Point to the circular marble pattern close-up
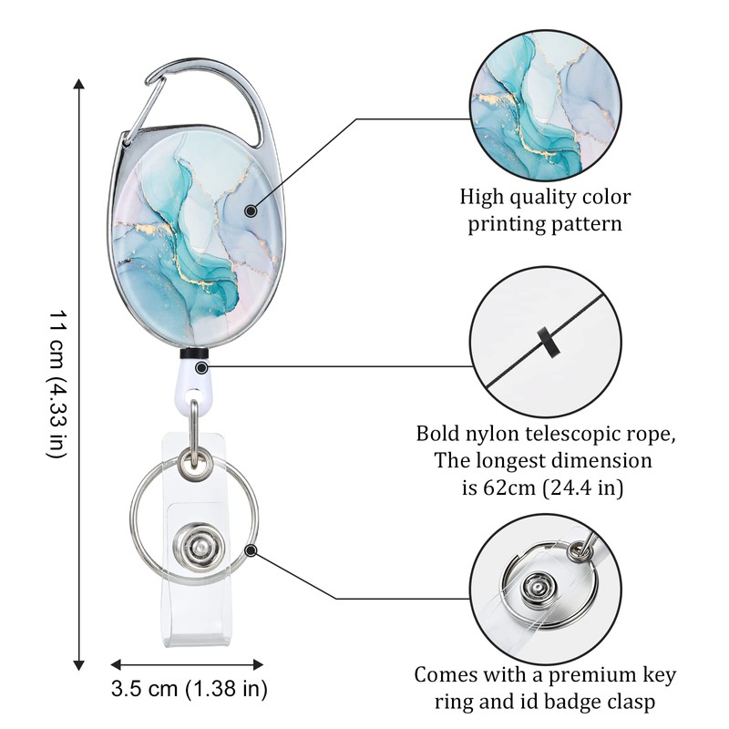click(545, 105)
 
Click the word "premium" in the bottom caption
click(589, 675)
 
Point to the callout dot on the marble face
click(250, 210)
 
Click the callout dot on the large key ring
click(250, 549)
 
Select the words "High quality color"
click(545, 197)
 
